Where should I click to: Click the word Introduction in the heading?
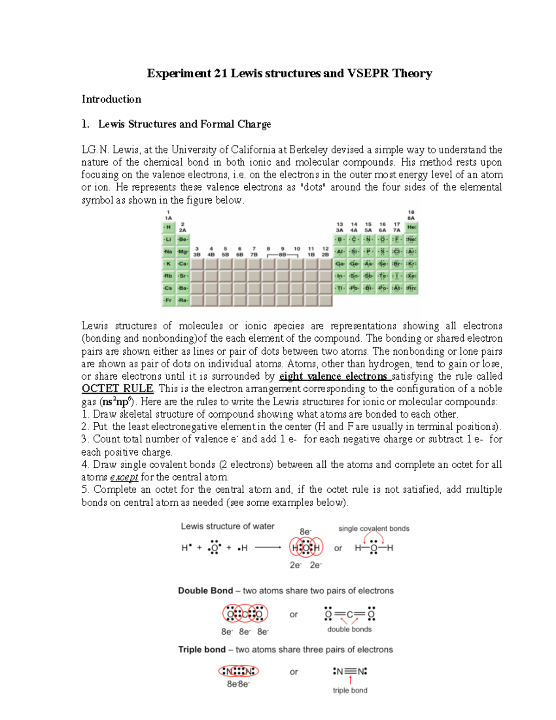pos(111,99)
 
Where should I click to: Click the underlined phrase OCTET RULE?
pos(117,389)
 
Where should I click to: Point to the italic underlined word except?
pos(124,477)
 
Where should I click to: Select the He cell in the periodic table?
pos(411,227)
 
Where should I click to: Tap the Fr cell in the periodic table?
pos(168,300)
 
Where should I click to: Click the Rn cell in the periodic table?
pos(411,288)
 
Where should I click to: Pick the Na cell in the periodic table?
pos(168,252)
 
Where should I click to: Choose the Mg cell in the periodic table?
pos(183,252)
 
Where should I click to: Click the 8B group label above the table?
pos(282,255)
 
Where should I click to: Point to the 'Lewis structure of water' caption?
pos(227,526)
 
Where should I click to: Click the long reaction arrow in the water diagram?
pos(268,548)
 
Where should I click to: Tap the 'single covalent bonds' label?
pos(373,529)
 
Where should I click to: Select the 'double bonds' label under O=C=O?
pos(349,629)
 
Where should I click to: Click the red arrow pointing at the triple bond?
pos(350,680)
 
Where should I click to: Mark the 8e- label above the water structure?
pos(305,532)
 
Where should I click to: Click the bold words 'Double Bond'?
pos(205,591)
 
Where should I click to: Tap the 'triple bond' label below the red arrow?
pos(350,690)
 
